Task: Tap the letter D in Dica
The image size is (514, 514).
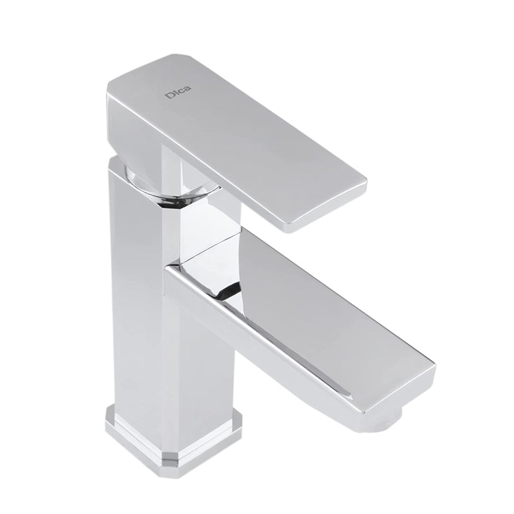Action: (x=168, y=96)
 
